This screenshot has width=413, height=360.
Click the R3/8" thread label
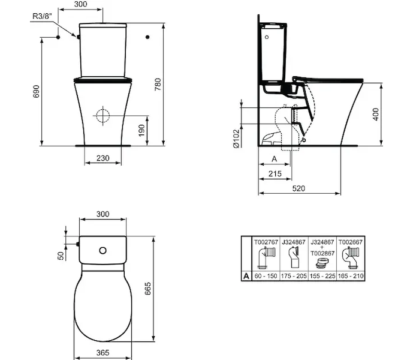(x=42, y=16)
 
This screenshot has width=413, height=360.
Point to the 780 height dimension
(x=158, y=85)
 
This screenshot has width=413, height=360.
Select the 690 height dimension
(x=36, y=91)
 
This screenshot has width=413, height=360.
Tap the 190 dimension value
(x=141, y=131)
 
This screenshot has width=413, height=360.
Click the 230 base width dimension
(x=103, y=158)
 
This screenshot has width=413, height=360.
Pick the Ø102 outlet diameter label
(x=236, y=139)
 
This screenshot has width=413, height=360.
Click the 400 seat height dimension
(x=376, y=114)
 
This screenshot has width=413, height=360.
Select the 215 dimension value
(x=275, y=173)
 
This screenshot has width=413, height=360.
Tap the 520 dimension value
(x=299, y=188)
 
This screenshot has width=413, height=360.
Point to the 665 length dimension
(x=148, y=288)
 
